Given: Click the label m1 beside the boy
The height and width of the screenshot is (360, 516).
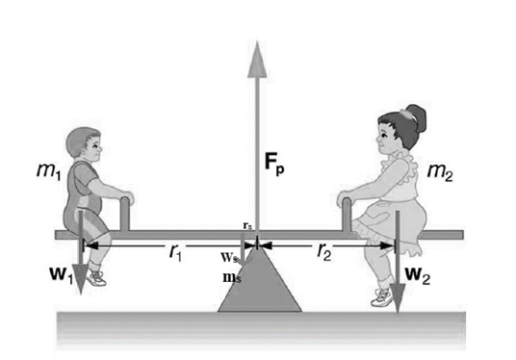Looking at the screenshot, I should (45, 171).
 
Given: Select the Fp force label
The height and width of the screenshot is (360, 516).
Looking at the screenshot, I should (275, 161).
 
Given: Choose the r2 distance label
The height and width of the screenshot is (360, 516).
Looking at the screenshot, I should (325, 253).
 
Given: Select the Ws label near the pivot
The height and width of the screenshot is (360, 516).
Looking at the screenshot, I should (228, 259).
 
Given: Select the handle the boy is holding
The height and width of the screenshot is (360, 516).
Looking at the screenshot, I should (124, 212).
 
